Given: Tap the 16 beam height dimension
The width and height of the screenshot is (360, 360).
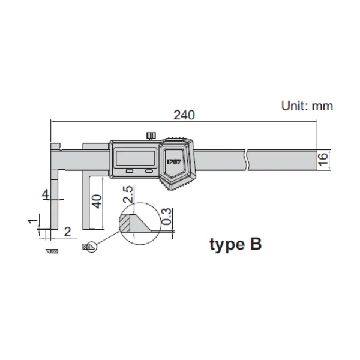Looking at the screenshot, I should coord(323,158).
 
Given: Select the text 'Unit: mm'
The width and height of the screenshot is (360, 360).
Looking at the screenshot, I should coord(307,106).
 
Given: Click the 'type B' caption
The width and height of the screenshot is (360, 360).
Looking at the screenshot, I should coord(235,245).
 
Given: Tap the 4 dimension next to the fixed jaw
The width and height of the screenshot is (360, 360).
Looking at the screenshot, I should coord(45,194).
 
